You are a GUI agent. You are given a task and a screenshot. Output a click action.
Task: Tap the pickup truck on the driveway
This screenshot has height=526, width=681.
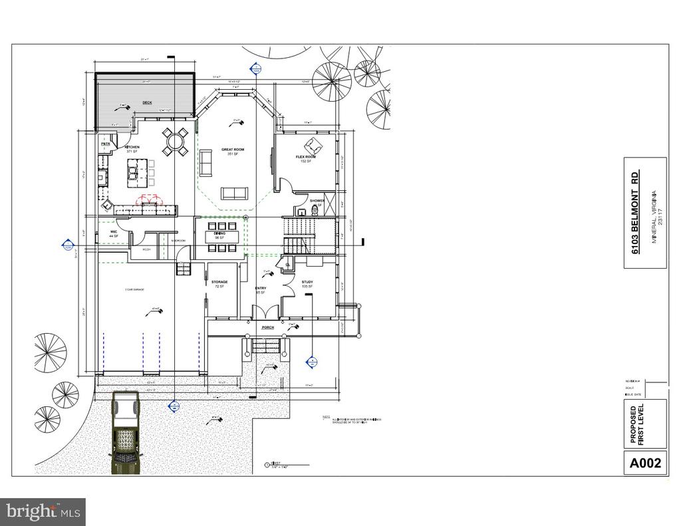click(124, 432)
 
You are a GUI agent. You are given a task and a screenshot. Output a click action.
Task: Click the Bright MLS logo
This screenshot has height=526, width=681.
click(43, 511)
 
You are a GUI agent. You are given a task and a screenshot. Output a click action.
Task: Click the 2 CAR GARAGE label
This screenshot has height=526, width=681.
click(134, 290)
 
